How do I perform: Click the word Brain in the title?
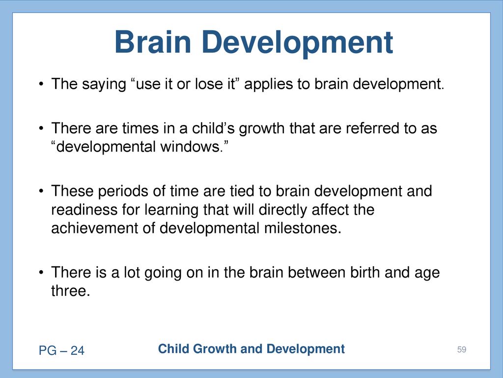153,42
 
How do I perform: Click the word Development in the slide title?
297,44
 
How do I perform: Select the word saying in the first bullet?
104,85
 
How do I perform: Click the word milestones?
303,228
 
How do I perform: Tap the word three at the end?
71,291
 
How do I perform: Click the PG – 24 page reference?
61,350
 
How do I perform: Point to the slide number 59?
462,349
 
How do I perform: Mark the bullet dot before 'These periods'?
41,191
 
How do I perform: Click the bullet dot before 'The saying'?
41,85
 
